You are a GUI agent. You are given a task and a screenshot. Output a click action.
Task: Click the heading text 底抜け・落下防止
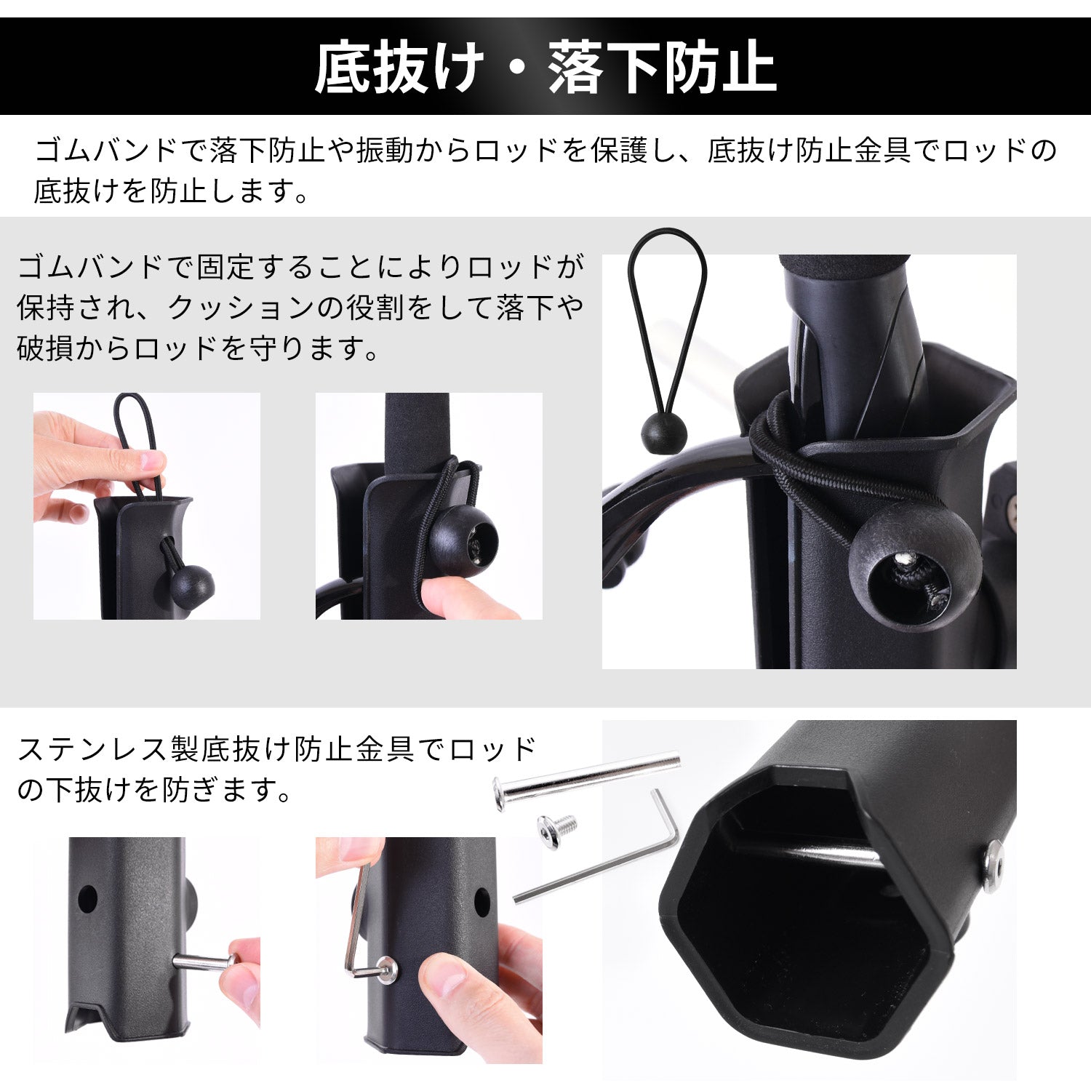click(545, 67)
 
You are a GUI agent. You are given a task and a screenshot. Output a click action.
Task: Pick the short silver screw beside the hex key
click(557, 831)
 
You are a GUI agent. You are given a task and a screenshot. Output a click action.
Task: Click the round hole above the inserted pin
click(87, 900)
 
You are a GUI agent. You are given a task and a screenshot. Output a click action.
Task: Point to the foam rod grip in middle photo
click(417, 436)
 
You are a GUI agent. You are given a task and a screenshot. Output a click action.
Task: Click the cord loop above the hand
click(136, 436)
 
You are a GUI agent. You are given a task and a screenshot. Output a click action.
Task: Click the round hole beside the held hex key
click(482, 902)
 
